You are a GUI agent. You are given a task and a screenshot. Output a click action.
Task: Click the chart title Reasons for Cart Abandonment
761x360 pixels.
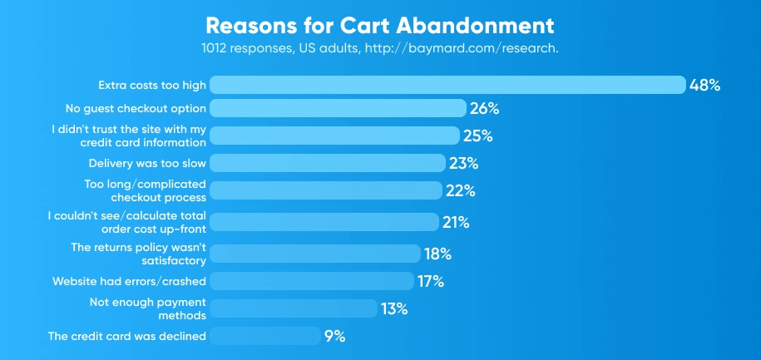click(x=379, y=22)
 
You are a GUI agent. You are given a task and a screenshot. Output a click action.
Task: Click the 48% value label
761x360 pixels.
click(x=704, y=85)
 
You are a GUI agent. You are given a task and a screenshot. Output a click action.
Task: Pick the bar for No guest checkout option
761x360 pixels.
click(x=337, y=108)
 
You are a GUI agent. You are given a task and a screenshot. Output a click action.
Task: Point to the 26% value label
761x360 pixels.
click(x=483, y=108)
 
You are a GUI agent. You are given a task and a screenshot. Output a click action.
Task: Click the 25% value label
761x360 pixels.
click(x=477, y=136)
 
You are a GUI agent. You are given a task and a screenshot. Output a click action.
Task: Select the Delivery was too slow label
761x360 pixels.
click(x=147, y=163)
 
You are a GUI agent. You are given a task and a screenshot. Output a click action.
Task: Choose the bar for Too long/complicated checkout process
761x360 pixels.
click(x=324, y=190)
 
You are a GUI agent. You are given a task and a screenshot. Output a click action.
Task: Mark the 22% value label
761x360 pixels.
click(x=459, y=190)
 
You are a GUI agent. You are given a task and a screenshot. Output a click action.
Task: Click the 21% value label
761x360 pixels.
click(x=456, y=222)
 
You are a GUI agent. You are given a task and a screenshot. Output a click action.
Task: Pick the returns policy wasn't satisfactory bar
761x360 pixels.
click(x=314, y=254)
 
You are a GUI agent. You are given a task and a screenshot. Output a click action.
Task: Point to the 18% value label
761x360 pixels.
click(x=437, y=254)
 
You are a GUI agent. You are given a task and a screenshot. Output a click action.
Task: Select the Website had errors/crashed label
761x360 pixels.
click(x=129, y=281)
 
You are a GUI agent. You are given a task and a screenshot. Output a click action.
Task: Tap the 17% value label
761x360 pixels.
click(x=431, y=281)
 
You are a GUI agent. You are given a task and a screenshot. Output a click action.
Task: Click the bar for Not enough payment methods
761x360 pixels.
click(x=292, y=308)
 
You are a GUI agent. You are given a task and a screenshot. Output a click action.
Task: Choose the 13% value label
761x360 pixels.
click(x=394, y=308)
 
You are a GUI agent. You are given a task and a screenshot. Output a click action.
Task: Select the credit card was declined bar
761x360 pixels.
click(x=264, y=336)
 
